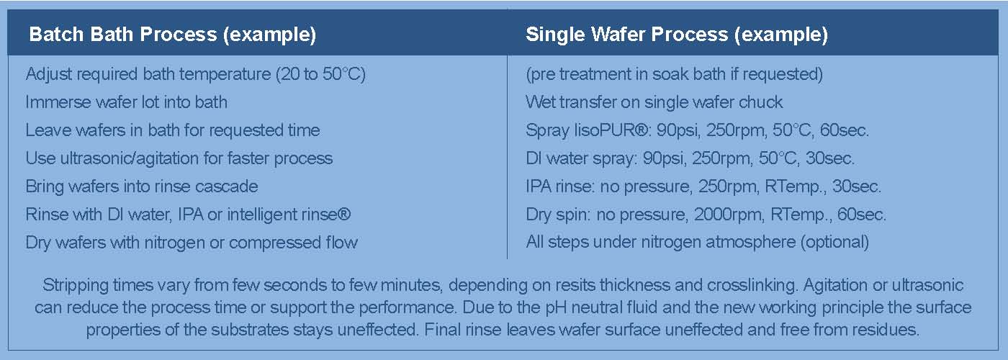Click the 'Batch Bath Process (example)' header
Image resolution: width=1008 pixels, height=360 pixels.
coord(172,35)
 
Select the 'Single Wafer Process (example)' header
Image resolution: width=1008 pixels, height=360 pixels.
coord(677,35)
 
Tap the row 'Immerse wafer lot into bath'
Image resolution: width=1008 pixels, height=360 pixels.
coord(126,102)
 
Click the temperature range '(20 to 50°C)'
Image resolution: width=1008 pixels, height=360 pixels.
coord(321,74)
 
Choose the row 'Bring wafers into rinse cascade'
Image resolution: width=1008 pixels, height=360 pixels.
coord(142,186)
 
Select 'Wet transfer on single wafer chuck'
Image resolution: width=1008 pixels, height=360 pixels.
coord(654,102)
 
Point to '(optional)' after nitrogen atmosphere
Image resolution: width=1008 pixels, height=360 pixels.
coord(834,243)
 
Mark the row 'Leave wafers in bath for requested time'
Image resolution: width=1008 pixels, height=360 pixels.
coord(173,130)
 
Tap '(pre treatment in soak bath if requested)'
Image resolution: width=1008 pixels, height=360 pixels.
coord(674,74)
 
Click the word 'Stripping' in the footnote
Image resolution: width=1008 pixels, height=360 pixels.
coord(75,285)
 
